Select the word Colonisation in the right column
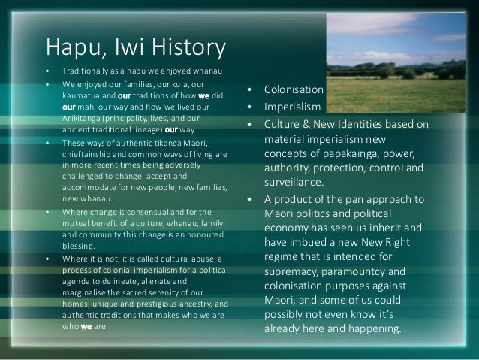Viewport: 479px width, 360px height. (x=293, y=90)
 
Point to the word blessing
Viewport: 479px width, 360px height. (x=79, y=244)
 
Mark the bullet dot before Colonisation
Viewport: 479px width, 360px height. (x=249, y=90)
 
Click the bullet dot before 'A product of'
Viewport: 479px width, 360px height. (x=249, y=199)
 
